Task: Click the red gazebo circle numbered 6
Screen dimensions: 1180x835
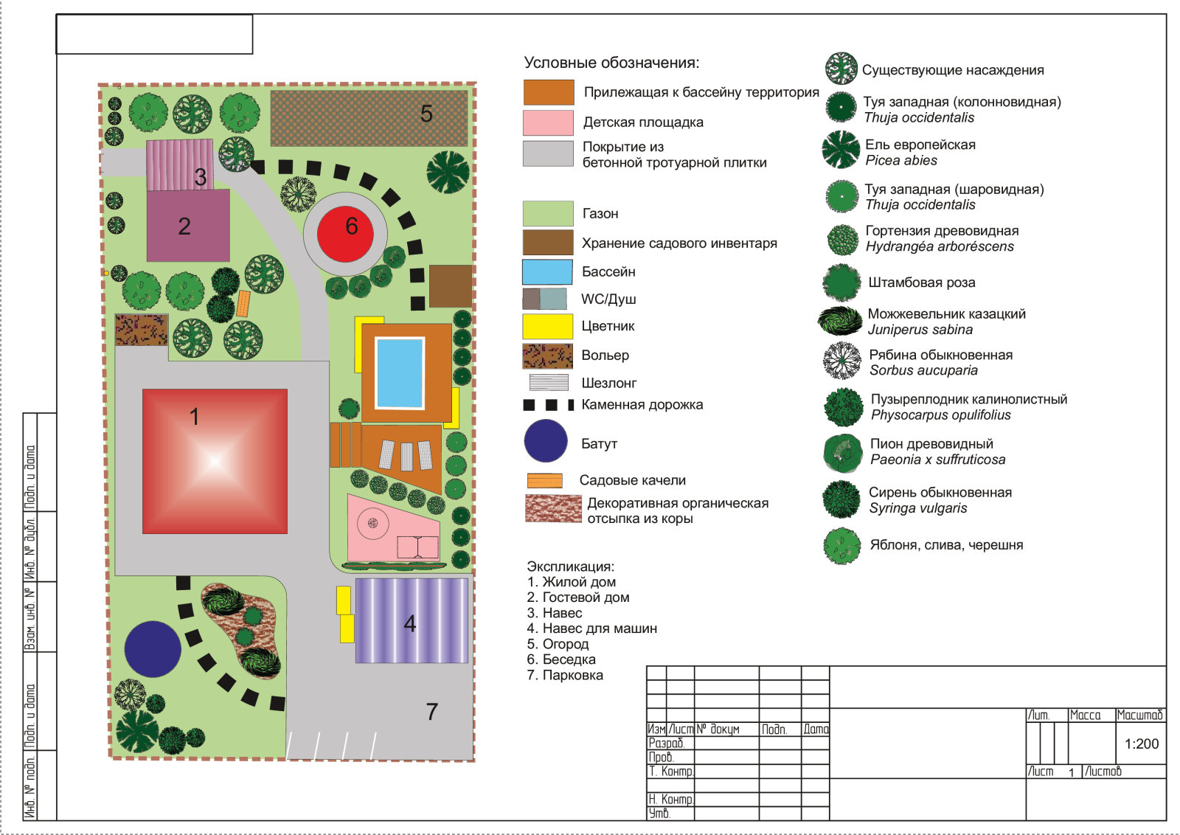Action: (x=345, y=234)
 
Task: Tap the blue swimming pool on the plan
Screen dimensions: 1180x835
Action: (x=400, y=373)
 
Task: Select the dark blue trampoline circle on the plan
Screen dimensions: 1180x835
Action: (x=153, y=649)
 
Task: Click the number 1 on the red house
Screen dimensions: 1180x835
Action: (x=195, y=417)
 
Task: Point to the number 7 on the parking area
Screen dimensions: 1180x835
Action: (x=432, y=712)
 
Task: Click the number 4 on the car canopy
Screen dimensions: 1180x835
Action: (x=410, y=624)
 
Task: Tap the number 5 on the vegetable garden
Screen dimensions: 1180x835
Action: (x=427, y=114)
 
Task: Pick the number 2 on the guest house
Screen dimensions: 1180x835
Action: (x=184, y=226)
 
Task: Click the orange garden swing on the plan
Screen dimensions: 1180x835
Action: (x=243, y=303)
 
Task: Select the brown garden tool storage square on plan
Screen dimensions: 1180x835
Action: (x=451, y=286)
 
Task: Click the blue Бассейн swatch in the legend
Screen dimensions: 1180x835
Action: (x=547, y=272)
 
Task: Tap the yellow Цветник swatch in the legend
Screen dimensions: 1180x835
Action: (x=547, y=327)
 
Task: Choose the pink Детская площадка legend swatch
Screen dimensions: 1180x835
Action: (x=548, y=122)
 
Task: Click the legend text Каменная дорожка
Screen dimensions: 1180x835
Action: (x=642, y=405)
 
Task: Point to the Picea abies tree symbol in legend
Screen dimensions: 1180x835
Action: (x=841, y=150)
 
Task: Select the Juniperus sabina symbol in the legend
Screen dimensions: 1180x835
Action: (x=840, y=321)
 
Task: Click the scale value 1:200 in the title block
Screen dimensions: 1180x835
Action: (x=1142, y=744)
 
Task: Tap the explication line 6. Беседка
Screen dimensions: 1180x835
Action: (x=561, y=659)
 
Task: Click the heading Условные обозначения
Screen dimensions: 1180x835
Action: (x=611, y=63)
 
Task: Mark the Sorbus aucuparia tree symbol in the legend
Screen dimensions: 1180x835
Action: (x=841, y=361)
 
